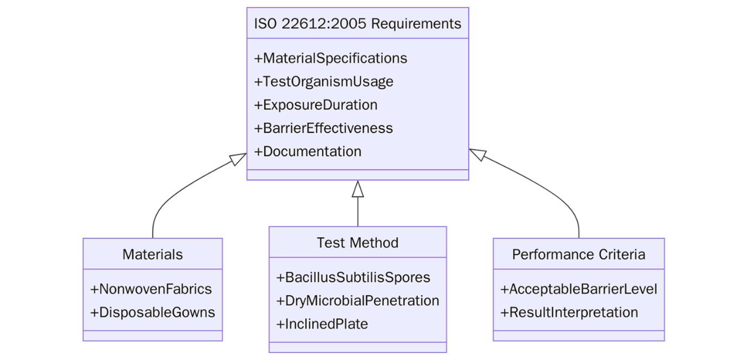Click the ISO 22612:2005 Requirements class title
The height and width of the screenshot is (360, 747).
[358, 24]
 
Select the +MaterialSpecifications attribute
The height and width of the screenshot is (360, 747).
[330, 58]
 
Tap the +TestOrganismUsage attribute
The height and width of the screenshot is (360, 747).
[323, 82]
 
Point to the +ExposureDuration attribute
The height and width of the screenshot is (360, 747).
[316, 105]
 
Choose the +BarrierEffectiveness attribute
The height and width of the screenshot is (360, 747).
[323, 128]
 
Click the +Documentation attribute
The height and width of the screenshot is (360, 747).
[308, 152]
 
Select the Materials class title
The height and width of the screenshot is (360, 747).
[153, 254]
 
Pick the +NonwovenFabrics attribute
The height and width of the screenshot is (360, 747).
[151, 289]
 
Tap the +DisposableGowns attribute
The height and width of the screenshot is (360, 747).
[153, 312]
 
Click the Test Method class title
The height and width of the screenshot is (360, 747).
[358, 243]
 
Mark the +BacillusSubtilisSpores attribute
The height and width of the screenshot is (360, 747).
[353, 278]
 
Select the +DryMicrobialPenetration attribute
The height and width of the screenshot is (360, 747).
[358, 301]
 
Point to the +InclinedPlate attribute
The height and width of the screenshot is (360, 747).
[322, 324]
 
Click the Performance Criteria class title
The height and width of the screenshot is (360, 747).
[579, 254]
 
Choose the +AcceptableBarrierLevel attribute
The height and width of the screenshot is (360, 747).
[579, 289]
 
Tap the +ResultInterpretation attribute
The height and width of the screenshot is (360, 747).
[569, 312]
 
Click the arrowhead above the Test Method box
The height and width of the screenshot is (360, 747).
[358, 188]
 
